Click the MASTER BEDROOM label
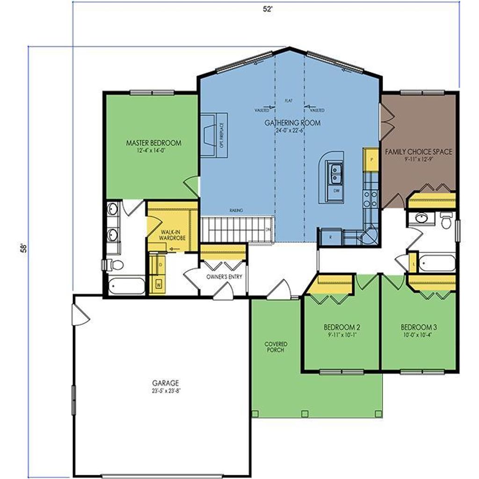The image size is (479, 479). coord(153,143)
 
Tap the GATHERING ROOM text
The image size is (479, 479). coord(293,123)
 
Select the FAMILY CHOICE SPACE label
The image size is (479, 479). coord(418,152)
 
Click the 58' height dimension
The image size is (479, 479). coord(23,247)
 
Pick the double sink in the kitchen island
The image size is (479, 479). coord(335,174)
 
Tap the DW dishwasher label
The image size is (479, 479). coord(336,191)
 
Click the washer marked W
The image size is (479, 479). coord(158,284)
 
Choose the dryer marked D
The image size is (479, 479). coord(159,265)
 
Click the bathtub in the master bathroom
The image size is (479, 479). coord(127,285)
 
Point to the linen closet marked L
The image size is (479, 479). coord(414,263)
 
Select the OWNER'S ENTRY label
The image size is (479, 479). coord(224,277)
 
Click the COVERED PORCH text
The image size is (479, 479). coord(276,347)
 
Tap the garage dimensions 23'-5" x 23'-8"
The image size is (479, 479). coord(162,390)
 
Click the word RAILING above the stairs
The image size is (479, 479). coord(236,210)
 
